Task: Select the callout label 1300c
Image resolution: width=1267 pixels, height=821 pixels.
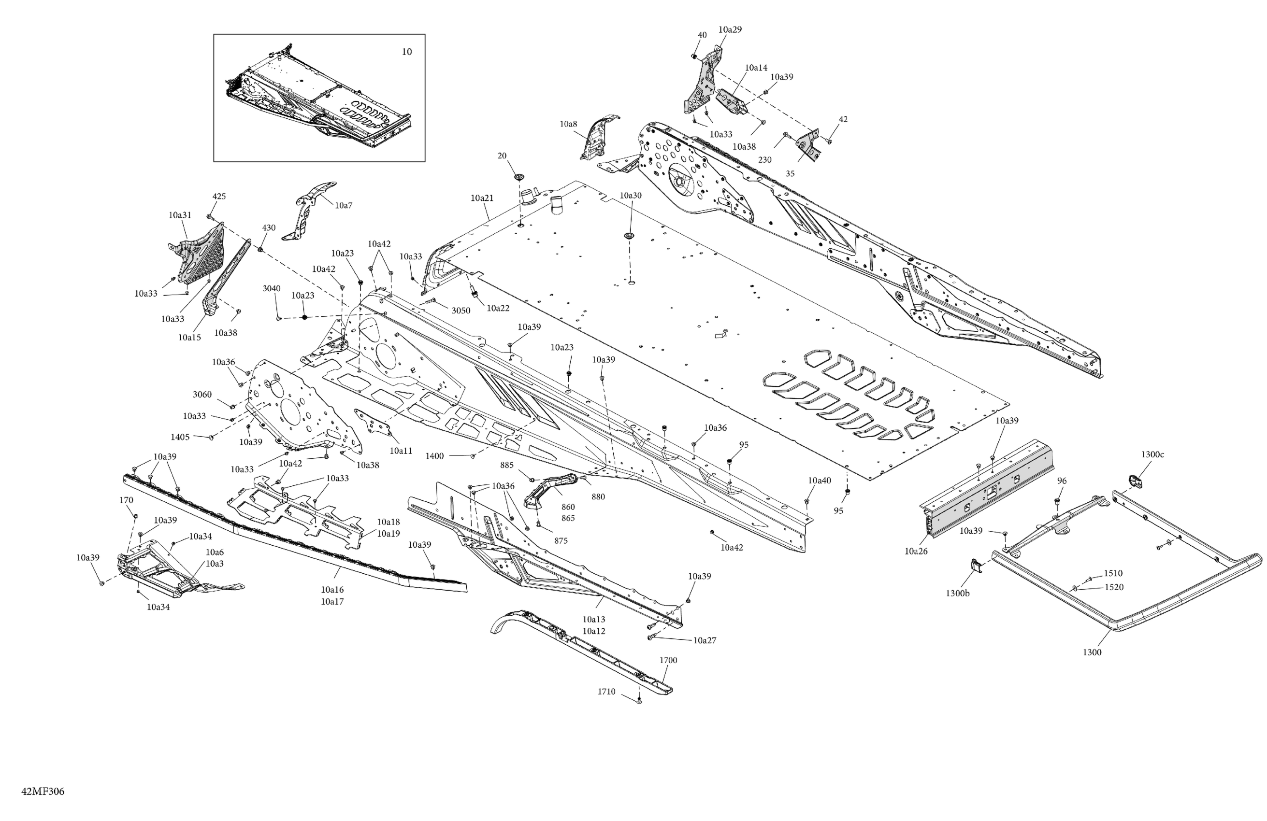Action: (1152, 454)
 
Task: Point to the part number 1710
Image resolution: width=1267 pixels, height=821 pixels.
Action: (606, 692)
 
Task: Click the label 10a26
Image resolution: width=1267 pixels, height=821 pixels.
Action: (916, 551)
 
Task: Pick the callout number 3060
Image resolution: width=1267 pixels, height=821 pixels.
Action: (202, 394)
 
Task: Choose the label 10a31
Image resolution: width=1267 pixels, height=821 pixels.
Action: (180, 215)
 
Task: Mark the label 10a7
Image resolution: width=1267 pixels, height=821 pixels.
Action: (344, 205)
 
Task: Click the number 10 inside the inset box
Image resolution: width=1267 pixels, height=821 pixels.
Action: (407, 52)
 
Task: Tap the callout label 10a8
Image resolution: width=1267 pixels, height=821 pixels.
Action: (568, 124)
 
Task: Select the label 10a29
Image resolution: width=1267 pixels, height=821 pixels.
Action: (730, 30)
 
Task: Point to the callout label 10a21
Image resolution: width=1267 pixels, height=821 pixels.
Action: (482, 198)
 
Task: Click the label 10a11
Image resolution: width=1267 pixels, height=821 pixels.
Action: (401, 451)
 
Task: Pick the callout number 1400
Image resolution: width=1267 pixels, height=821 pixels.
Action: (434, 456)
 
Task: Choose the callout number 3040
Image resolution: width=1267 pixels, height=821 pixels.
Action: (272, 288)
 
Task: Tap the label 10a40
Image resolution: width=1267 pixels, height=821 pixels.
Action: (819, 481)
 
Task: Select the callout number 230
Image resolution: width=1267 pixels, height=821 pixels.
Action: (764, 160)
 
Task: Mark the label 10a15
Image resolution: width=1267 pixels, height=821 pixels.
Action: (189, 338)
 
